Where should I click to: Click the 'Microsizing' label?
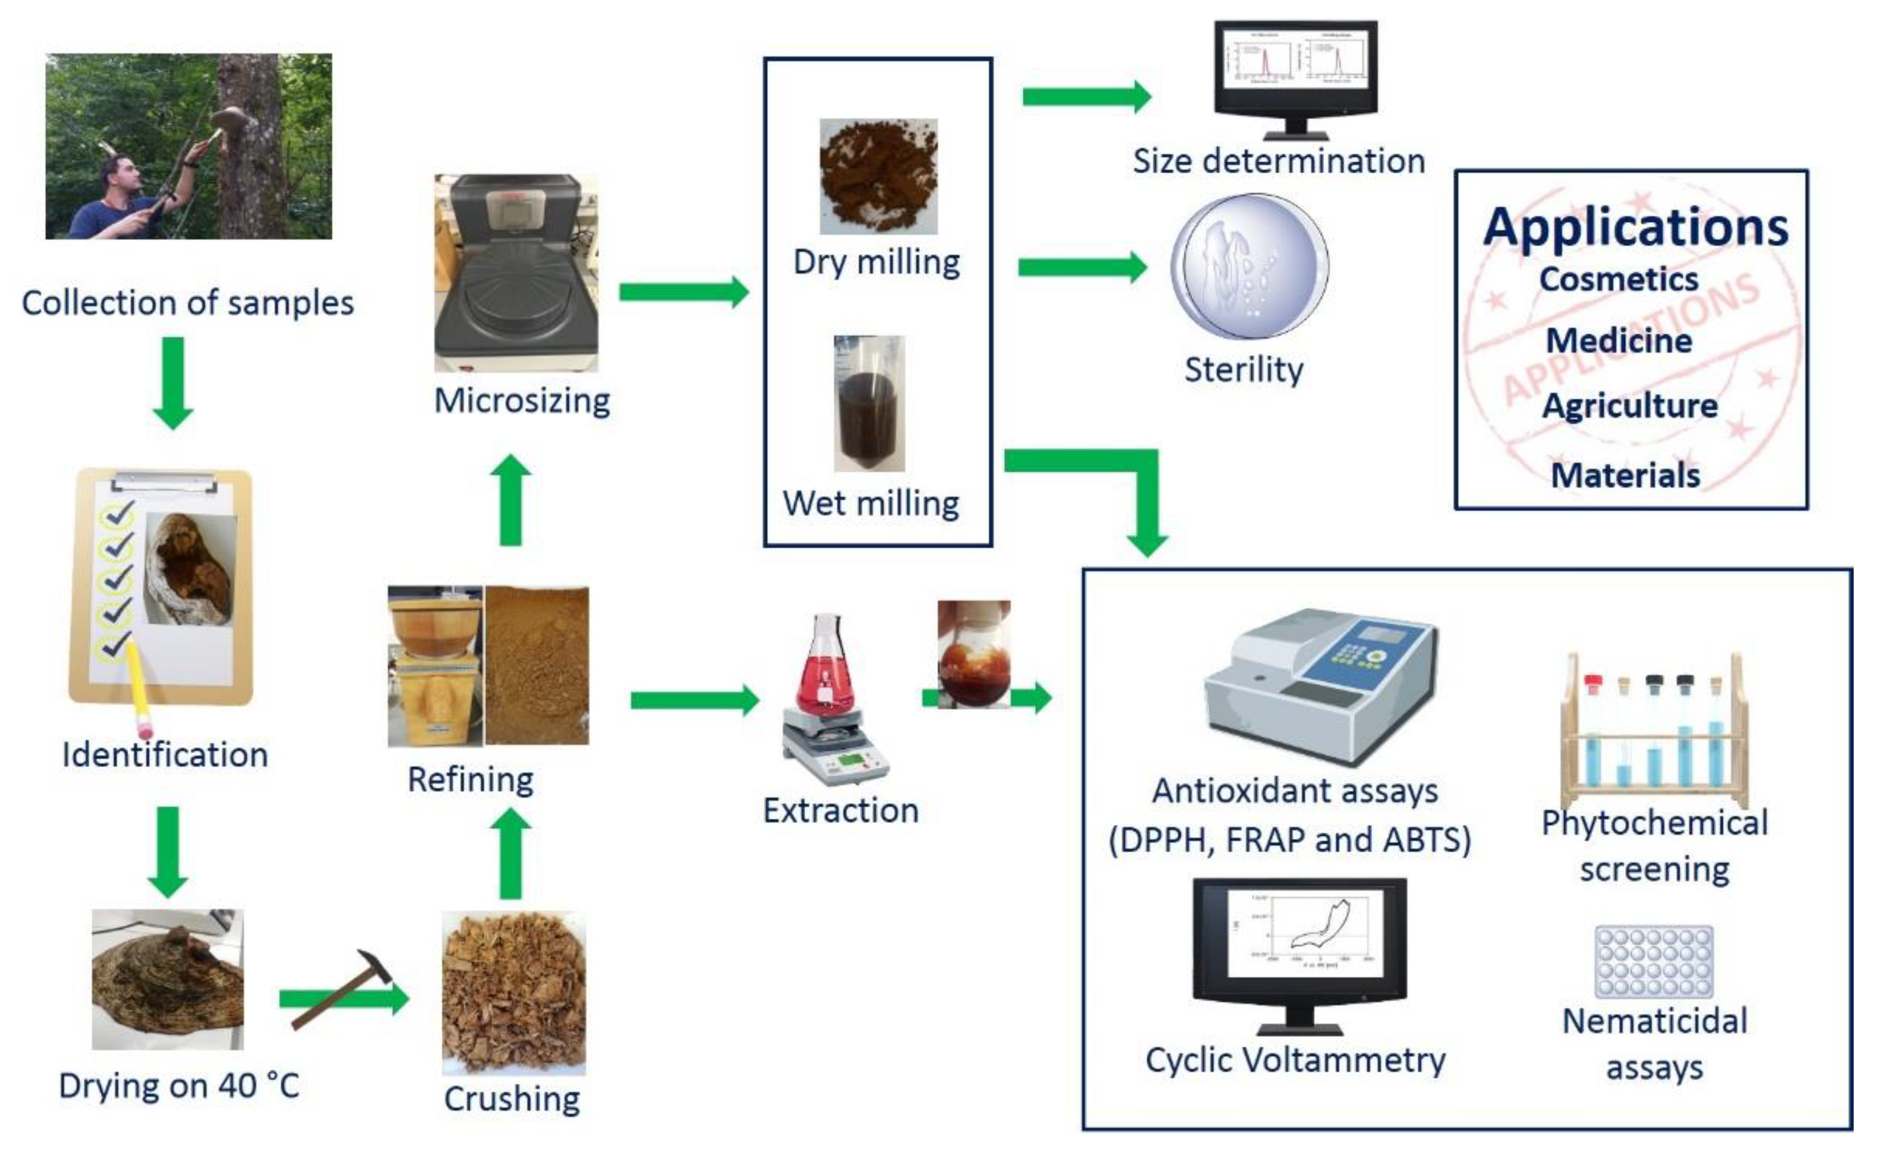tap(522, 401)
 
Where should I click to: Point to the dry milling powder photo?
tap(878, 176)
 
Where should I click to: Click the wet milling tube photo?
tap(869, 403)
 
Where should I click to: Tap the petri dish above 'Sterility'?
tap(1249, 266)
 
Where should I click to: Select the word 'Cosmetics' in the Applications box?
tap(1618, 279)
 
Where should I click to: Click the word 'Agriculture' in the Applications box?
tap(1629, 406)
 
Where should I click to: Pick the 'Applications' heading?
tap(1635, 227)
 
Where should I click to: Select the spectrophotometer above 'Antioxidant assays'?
tap(1319, 685)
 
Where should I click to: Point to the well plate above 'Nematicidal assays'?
tap(1654, 962)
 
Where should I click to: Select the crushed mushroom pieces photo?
tap(513, 992)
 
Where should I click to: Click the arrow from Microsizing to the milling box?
tap(683, 292)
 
